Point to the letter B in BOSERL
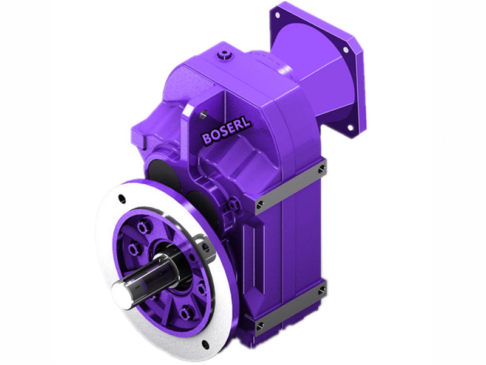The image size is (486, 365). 207,139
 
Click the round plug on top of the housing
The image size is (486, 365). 225,57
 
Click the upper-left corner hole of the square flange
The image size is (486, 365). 281,13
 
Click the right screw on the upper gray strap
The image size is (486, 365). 323,169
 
